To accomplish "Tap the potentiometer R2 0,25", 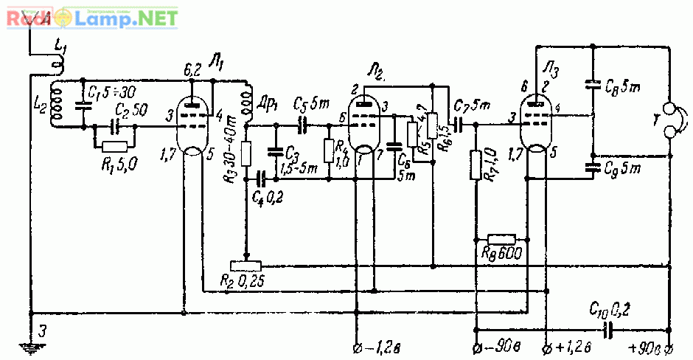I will click(x=246, y=264).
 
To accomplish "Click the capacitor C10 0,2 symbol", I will click(x=609, y=329).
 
